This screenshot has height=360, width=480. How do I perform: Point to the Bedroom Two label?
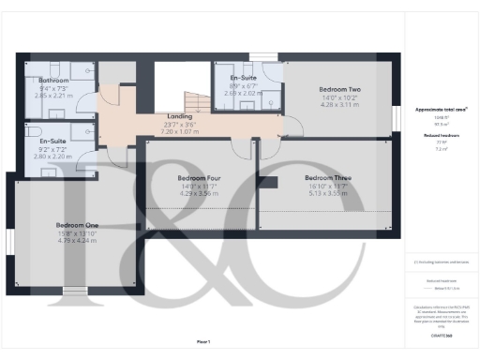coord(339,89)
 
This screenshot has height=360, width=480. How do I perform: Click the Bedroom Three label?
coord(327,176)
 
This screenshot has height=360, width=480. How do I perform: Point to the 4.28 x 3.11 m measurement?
coord(339,104)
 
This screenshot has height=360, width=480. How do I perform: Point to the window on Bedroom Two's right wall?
coord(391,95)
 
